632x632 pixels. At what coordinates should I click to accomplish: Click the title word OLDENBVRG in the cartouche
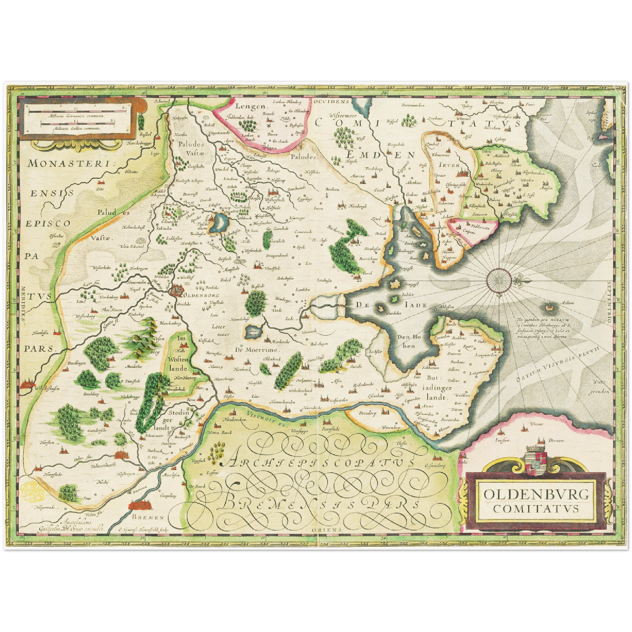point(536,495)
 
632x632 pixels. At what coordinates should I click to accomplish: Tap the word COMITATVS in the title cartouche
point(536,508)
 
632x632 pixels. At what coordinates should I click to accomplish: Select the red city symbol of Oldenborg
point(177,290)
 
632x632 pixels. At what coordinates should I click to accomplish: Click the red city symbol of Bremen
point(140,506)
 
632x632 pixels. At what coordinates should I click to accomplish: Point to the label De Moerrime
point(256,350)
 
